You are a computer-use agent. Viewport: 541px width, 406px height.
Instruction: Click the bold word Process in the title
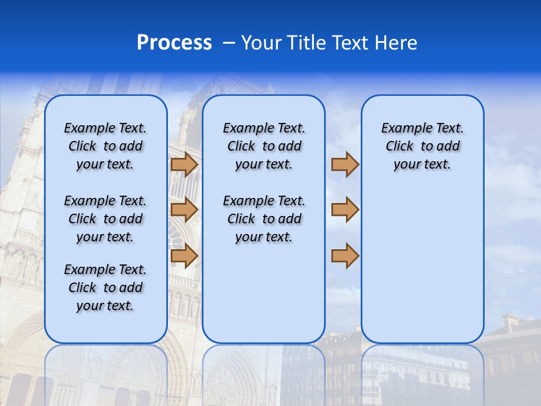pos(174,42)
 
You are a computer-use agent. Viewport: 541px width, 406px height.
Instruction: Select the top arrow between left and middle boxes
pos(184,164)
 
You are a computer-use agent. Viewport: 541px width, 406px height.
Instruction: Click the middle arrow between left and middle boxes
pos(184,210)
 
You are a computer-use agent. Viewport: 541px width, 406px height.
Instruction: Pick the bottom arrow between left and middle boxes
pos(184,255)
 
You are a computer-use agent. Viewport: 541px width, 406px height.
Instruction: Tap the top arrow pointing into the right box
pos(345,164)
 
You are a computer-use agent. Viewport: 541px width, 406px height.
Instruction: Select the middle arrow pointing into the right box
pos(345,210)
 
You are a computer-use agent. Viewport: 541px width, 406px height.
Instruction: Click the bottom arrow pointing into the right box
pos(345,255)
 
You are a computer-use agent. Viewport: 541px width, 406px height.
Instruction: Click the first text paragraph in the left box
pos(105,146)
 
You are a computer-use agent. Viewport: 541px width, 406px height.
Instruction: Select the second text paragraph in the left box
pos(105,219)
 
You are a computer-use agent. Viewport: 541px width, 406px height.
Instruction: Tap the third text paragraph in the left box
pos(105,288)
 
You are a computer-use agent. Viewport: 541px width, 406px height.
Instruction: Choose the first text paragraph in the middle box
pos(264,146)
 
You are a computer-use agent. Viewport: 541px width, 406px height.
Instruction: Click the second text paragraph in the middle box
pos(264,219)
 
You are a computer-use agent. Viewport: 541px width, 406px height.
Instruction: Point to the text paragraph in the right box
pos(422,146)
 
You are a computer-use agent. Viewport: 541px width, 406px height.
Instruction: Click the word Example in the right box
pos(402,128)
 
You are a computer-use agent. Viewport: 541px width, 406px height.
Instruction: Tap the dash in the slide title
pos(229,42)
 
